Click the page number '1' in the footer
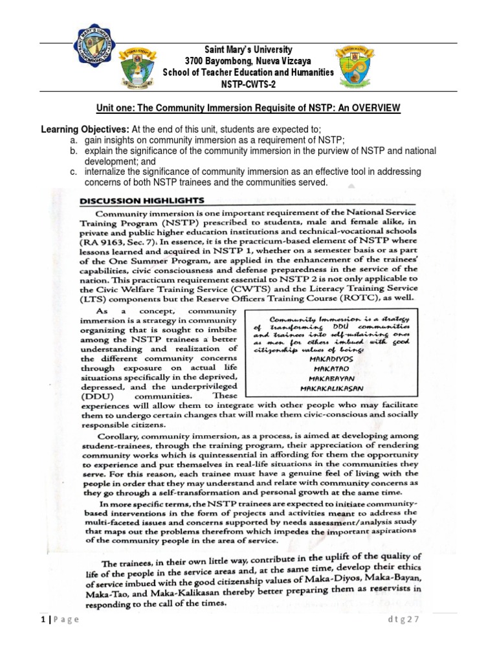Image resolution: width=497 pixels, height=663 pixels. [x=40, y=619]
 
